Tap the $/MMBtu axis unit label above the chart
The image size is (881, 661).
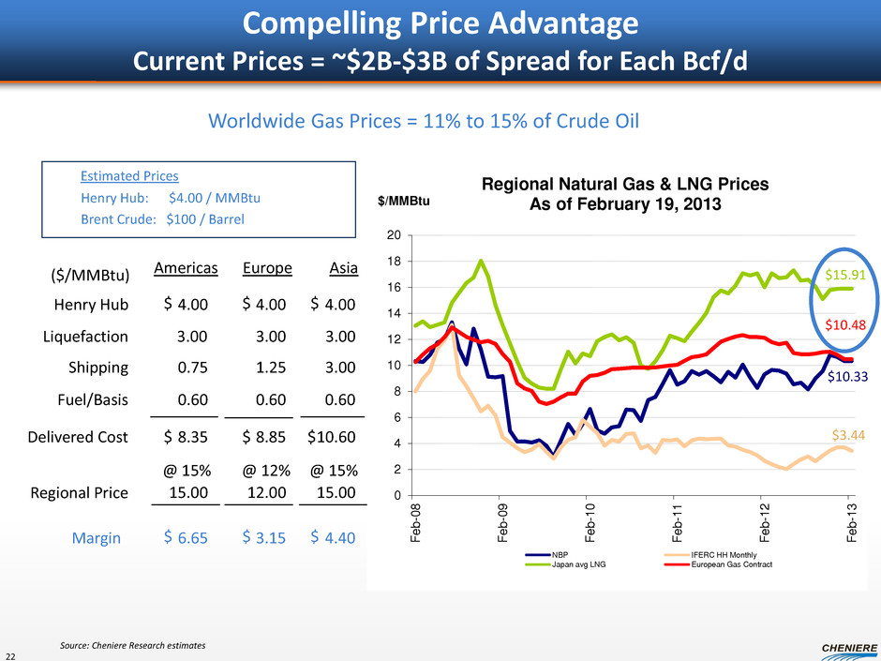pos(405,201)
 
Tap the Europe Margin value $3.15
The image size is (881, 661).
pos(266,536)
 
